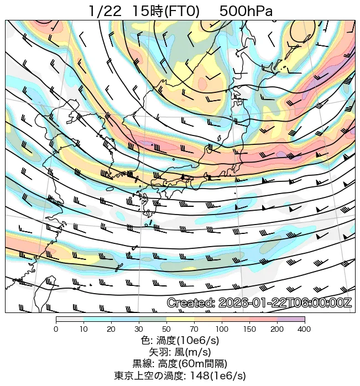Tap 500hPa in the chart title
pyautogui.click(x=246, y=11)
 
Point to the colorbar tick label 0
pyautogui.click(x=56, y=329)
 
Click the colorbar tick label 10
pyautogui.click(x=84, y=329)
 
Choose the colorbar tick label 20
pyautogui.click(x=111, y=329)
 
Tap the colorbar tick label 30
pyautogui.click(x=139, y=329)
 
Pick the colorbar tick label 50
pyautogui.click(x=166, y=329)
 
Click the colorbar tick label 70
pyautogui.click(x=194, y=329)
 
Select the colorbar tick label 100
pyautogui.click(x=222, y=329)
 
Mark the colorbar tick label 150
pyautogui.click(x=249, y=329)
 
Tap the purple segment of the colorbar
pyautogui.click(x=291, y=320)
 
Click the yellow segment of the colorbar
pyautogui.click(x=180, y=320)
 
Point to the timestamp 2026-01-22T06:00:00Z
pyautogui.click(x=285, y=303)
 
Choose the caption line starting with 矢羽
pyautogui.click(x=180, y=352)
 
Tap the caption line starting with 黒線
pyautogui.click(x=180, y=364)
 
